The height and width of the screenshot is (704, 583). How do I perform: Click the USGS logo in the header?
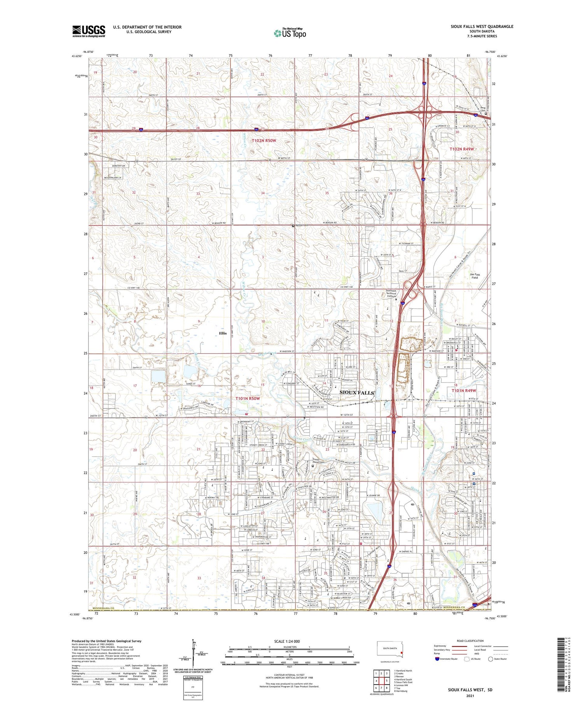[89, 31]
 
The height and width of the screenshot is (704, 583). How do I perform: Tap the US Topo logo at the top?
[290, 33]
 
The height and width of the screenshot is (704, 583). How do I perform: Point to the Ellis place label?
[223, 333]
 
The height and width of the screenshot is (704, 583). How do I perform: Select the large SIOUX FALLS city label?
[356, 393]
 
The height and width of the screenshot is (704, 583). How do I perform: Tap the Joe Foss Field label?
[475, 276]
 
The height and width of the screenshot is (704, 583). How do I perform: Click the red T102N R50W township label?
[264, 141]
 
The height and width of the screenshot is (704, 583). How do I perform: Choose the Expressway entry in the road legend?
[440, 646]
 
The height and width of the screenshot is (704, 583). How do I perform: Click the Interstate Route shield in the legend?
[437, 659]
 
